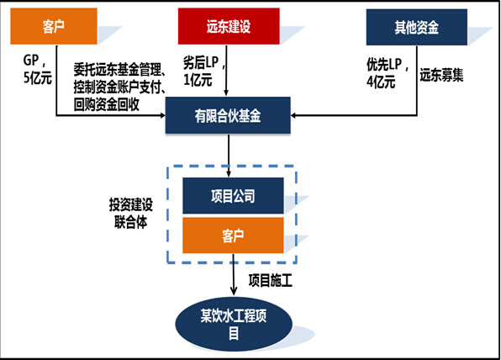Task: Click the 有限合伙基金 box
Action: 227,115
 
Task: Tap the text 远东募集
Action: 440,71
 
